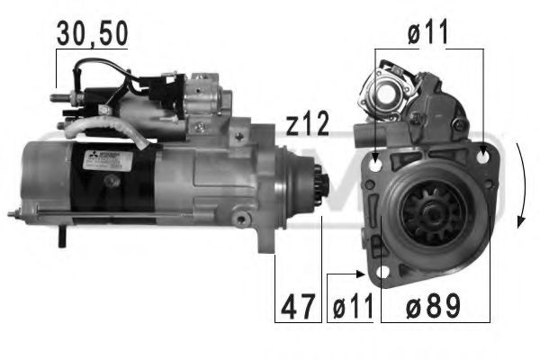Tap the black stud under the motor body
pos(61,237)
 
